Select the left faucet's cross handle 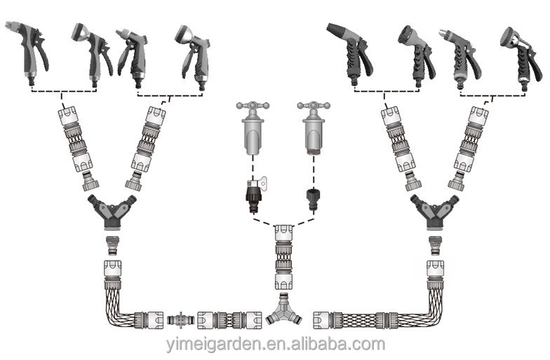point(253,105)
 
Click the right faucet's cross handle point(313,105)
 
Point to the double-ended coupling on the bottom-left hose point(180,321)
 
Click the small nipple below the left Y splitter point(112,246)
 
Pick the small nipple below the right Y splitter point(436,246)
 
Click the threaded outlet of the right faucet point(313,151)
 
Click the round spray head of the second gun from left point(79,32)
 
